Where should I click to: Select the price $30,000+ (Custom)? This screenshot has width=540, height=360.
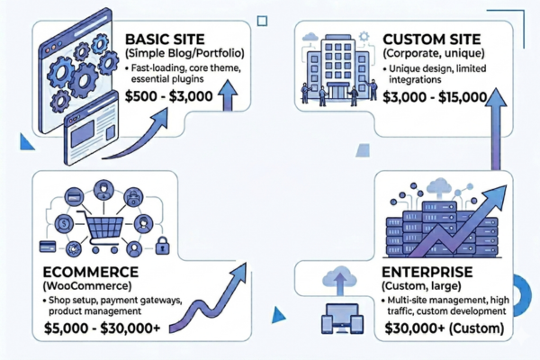437,329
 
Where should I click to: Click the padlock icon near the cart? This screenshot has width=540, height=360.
162,245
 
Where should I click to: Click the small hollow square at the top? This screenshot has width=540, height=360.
262,19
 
